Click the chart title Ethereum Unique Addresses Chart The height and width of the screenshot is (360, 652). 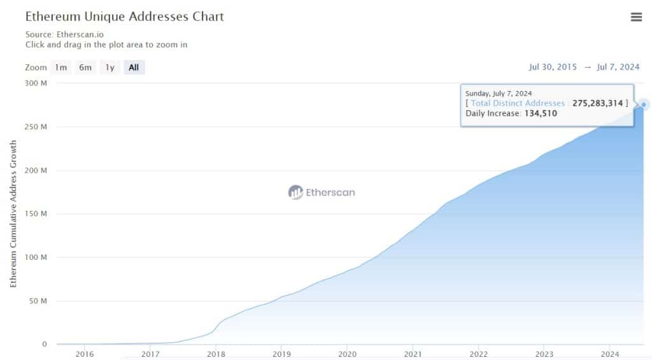pos(125,17)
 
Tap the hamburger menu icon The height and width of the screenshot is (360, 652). pos(636,17)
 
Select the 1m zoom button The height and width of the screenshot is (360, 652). pos(60,68)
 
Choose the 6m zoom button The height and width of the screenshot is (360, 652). pos(85,68)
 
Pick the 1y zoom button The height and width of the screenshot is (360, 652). pos(110,68)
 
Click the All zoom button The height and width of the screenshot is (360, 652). pos(134,68)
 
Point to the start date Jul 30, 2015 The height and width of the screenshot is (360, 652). pos(553,68)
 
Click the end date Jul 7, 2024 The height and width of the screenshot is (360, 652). pos(618,68)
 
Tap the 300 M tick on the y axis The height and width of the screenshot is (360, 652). pos(36,83)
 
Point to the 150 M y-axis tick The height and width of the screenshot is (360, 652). pos(36,214)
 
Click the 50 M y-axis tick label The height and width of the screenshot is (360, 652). pos(38,301)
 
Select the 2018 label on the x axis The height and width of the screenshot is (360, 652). pos(216,354)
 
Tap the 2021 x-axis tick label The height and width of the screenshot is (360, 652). pos(413,354)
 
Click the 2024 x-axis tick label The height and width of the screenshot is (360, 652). pos(610,354)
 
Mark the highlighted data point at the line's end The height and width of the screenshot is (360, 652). pos(644,104)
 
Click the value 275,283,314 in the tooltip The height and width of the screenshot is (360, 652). pos(597,103)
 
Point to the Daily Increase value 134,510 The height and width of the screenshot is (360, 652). pos(541,113)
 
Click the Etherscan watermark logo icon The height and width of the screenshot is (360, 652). pos(295,192)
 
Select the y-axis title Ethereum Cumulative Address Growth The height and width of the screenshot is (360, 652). pos(13,213)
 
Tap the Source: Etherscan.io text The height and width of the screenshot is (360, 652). pos(65,34)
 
